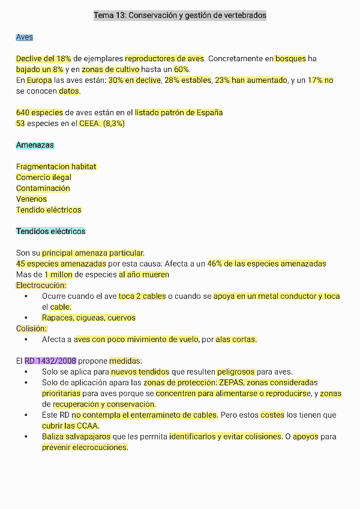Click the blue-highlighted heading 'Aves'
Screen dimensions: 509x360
click(x=25, y=37)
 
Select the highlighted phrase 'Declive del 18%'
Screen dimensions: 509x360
click(x=44, y=59)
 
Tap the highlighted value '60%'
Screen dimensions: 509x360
click(x=181, y=70)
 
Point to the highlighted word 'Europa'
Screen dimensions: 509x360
click(x=40, y=80)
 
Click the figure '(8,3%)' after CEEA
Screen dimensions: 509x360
click(x=114, y=124)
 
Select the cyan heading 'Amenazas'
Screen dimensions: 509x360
click(x=35, y=145)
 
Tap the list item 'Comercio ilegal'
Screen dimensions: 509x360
click(x=44, y=178)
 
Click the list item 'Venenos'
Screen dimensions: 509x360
click(x=31, y=199)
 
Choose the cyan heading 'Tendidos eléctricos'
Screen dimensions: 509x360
click(x=51, y=232)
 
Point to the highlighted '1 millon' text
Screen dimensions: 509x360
click(x=59, y=275)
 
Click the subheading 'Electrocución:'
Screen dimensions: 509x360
click(x=41, y=286)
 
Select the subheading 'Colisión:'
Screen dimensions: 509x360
click(x=31, y=329)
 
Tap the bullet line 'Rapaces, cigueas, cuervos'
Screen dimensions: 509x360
click(x=89, y=318)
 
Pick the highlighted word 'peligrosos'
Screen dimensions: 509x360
click(x=236, y=372)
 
